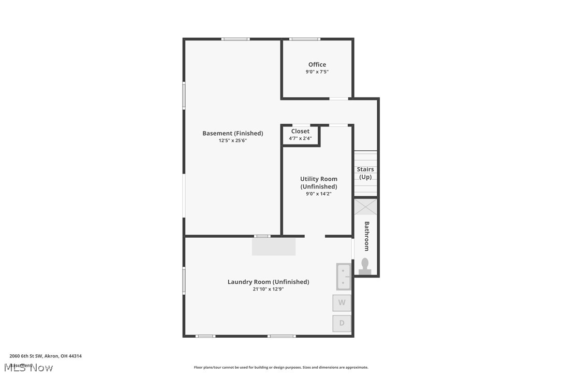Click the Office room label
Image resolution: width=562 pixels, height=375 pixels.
pyautogui.click(x=317, y=65)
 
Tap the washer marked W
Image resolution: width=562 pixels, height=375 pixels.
pyautogui.click(x=342, y=302)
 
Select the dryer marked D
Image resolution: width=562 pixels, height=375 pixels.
pyautogui.click(x=342, y=323)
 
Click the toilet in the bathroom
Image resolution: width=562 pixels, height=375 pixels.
pyautogui.click(x=365, y=266)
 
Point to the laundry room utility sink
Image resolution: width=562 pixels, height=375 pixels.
pyautogui.click(x=343, y=276)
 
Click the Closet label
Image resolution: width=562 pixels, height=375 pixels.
pyautogui.click(x=300, y=132)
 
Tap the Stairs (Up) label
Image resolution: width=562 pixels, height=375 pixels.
pyautogui.click(x=365, y=173)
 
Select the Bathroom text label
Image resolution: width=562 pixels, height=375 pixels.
pyautogui.click(x=367, y=236)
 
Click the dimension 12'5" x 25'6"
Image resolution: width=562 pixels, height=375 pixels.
pyautogui.click(x=232, y=140)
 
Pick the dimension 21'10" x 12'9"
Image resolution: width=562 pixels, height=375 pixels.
pyautogui.click(x=268, y=289)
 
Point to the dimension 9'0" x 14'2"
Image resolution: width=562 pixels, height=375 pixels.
pyautogui.click(x=318, y=194)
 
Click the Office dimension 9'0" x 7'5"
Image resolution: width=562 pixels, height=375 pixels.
pyautogui.click(x=317, y=72)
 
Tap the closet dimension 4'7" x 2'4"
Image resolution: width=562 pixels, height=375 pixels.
pyautogui.click(x=300, y=138)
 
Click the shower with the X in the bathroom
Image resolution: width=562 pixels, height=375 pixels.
pyautogui.click(x=365, y=207)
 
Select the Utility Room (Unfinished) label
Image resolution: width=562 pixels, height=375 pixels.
pyautogui.click(x=319, y=182)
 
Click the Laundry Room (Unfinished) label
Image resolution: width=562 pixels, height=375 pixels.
pyautogui.click(x=268, y=282)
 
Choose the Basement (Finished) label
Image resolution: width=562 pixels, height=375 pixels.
pyautogui.click(x=232, y=133)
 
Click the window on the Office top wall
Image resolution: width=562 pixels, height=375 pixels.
pyautogui.click(x=304, y=39)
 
